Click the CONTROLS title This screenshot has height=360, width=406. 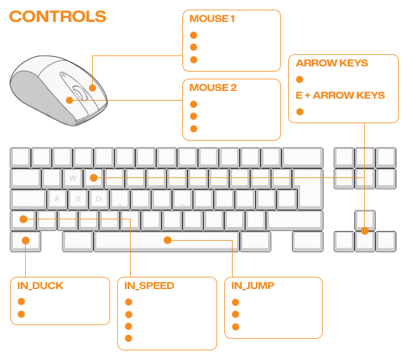58,16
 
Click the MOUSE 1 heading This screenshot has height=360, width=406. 213,19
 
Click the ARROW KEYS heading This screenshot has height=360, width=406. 332,63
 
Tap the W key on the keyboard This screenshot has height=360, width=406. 73,177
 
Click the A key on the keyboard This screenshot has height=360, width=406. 57,199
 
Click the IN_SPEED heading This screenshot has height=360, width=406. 148,286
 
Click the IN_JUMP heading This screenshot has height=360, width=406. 253,285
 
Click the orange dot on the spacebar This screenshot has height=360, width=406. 168,240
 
